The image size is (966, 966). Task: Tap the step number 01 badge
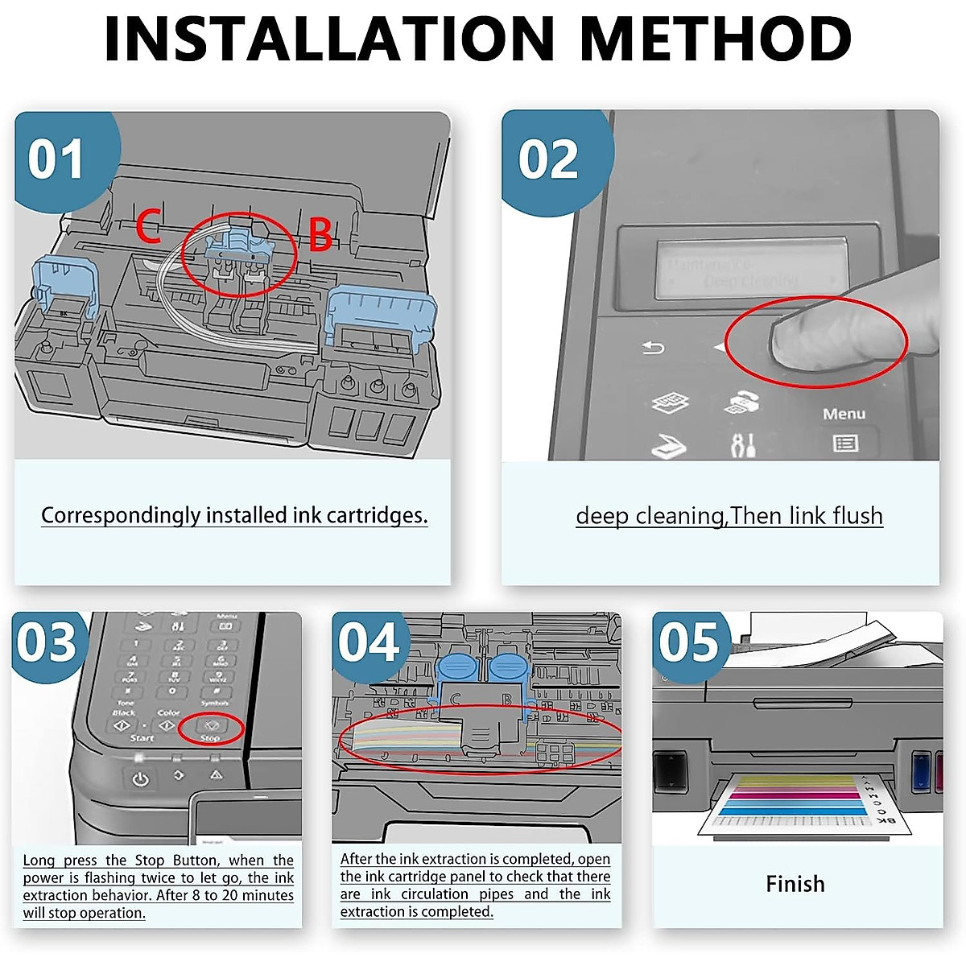56,159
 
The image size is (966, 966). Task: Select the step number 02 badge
548,159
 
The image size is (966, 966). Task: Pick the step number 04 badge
369,643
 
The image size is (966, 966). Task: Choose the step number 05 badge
689,643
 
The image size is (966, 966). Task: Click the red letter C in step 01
148,227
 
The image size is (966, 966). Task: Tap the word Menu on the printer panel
844,414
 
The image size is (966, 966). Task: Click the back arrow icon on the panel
653,348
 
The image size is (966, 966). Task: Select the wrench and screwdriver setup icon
742,444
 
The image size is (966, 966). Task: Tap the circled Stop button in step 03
211,727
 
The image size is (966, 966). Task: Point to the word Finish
795,884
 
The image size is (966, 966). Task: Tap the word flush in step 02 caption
858,515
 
